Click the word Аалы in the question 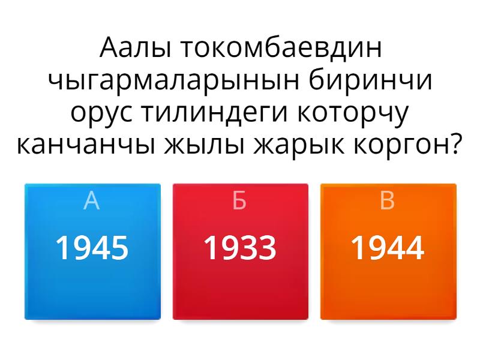pyautogui.click(x=134, y=48)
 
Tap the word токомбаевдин pyautogui.click(x=281, y=48)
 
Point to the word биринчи pyautogui.click(x=370, y=80)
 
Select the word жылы pyautogui.click(x=205, y=145)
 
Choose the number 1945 pyautogui.click(x=92, y=247)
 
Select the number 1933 pyautogui.click(x=240, y=247)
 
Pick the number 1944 pyautogui.click(x=388, y=247)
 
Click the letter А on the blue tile pyautogui.click(x=92, y=200)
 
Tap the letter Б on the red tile pyautogui.click(x=239, y=200)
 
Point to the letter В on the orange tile pyautogui.click(x=387, y=200)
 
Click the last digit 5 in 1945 pyautogui.click(x=119, y=248)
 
